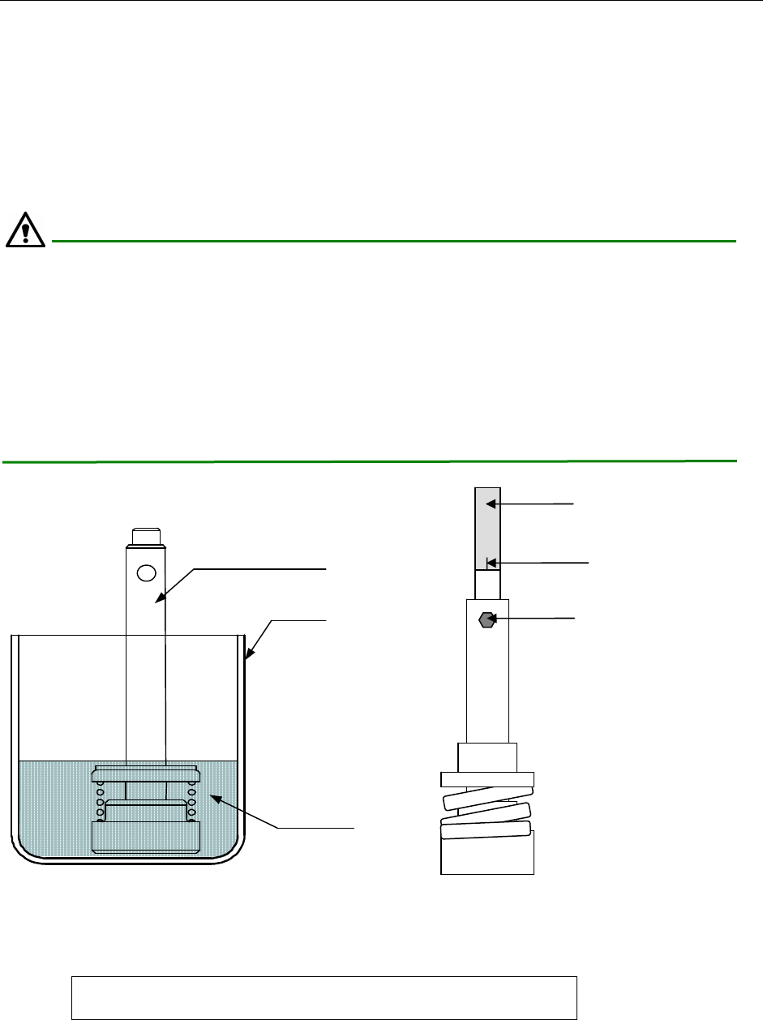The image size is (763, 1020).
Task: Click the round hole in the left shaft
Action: (146, 573)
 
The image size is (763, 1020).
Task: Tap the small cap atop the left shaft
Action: (146, 536)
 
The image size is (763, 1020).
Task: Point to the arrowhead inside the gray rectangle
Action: (490, 504)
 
